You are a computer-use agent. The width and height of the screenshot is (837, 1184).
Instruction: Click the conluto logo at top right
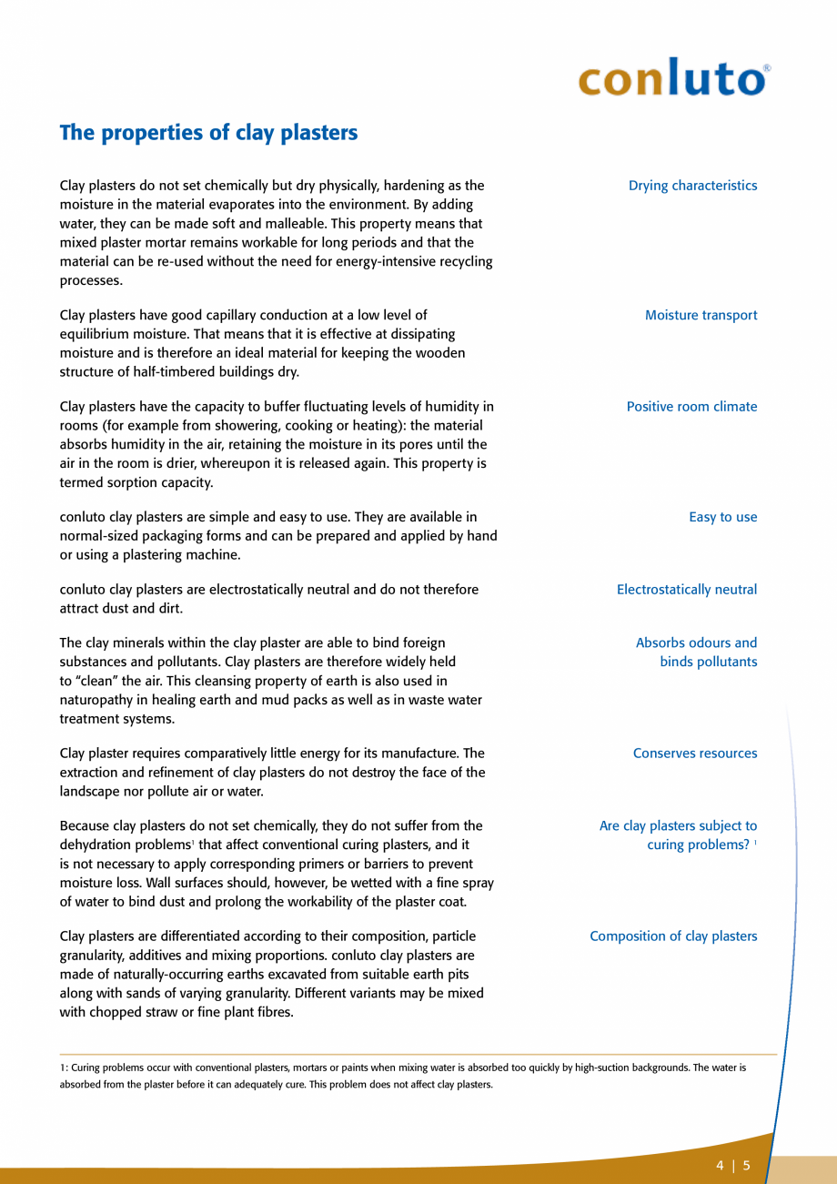pos(672,79)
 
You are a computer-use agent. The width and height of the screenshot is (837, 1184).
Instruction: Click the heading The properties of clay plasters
pos(208,133)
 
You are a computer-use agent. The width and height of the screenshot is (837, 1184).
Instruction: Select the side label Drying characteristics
pos(692,186)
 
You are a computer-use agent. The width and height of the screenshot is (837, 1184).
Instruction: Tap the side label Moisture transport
pos(701,316)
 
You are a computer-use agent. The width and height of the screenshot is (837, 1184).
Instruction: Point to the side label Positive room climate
pos(691,407)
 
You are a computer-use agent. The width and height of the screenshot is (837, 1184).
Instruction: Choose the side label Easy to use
pos(722,517)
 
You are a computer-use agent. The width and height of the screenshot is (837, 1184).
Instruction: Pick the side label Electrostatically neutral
pos(686,590)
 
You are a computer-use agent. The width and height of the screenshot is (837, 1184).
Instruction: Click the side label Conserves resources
pos(694,754)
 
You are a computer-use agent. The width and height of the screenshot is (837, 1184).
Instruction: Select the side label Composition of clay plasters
pos(672,936)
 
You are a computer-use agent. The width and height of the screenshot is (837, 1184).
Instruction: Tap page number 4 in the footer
pos(720,1166)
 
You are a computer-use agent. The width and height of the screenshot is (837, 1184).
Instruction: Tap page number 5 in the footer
pos(747,1166)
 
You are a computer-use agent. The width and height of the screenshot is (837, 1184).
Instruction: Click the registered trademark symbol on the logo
pos(766,68)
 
